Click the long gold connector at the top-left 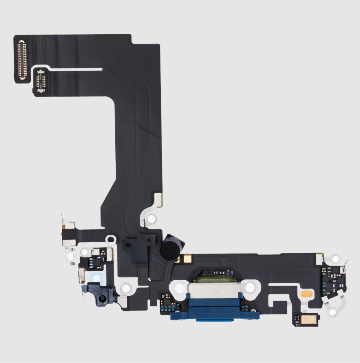click(x=22, y=58)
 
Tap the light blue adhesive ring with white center click(x=96, y=278)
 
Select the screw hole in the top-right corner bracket click(x=335, y=259)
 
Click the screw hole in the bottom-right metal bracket click(x=333, y=312)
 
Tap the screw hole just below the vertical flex click(x=151, y=219)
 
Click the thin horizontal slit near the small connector click(x=76, y=69)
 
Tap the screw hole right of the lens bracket click(x=126, y=288)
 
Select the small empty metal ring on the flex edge click(x=111, y=239)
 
